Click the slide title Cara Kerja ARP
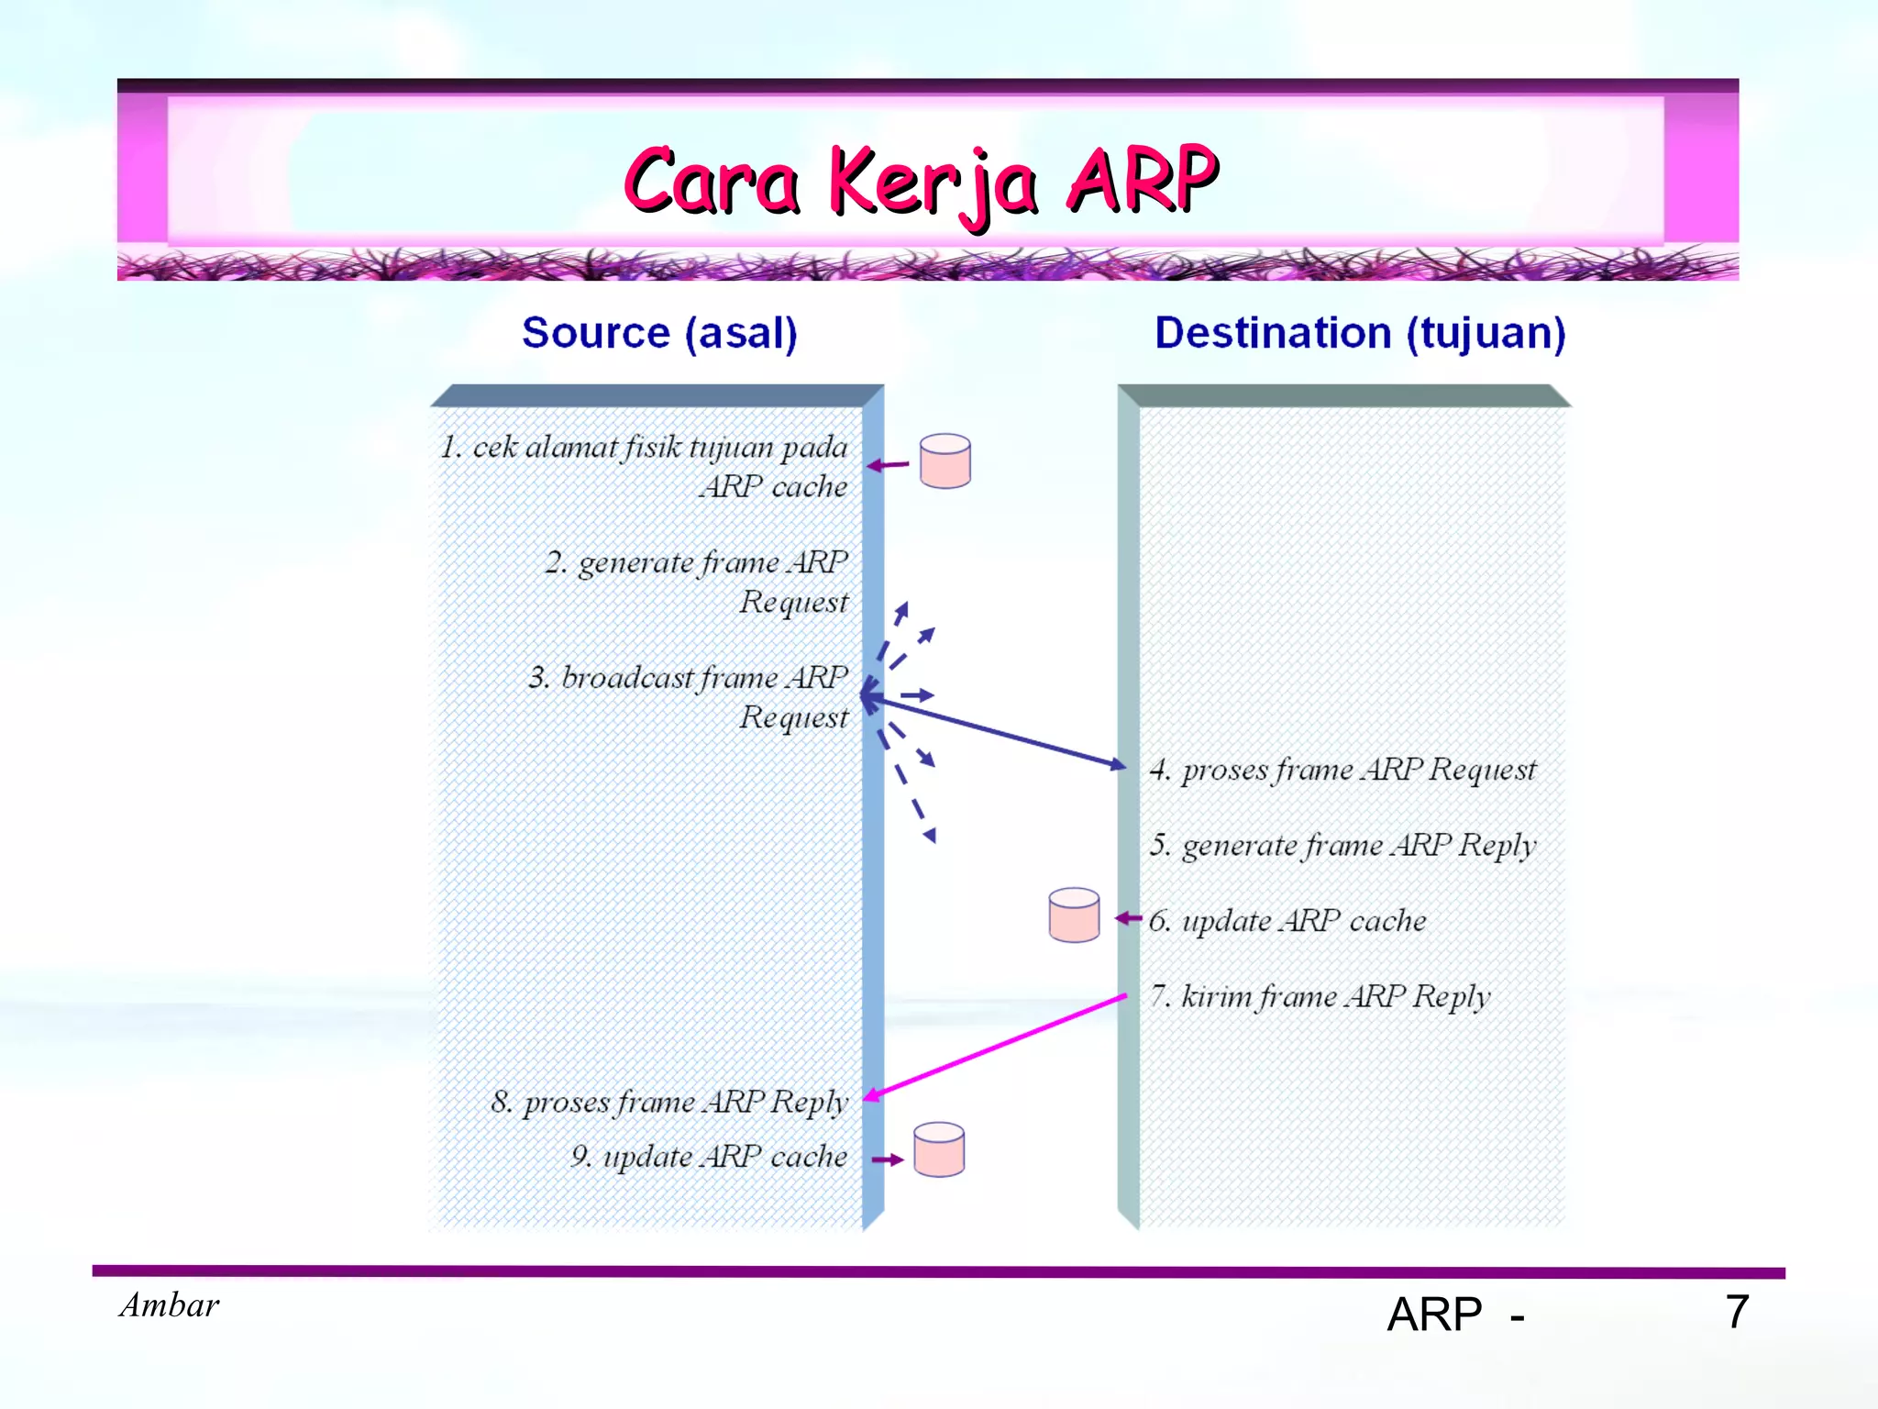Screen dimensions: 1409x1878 [921, 181]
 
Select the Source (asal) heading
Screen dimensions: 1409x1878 [659, 333]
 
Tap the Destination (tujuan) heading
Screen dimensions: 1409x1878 [1360, 333]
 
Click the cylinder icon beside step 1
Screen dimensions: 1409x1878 [945, 461]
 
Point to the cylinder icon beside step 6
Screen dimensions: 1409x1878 [1074, 915]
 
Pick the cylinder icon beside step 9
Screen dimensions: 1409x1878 [939, 1149]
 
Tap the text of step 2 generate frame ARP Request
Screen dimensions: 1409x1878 [697, 581]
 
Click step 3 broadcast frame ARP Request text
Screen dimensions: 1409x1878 [689, 696]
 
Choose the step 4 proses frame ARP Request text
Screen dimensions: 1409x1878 [1342, 770]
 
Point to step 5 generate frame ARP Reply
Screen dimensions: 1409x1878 [1342, 845]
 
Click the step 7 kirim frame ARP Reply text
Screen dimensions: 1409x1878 [1320, 996]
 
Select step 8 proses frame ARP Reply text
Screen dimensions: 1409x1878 [669, 1102]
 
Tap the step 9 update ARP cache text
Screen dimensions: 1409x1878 [709, 1157]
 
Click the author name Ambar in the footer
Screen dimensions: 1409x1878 [170, 1305]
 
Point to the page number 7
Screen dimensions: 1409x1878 [1737, 1312]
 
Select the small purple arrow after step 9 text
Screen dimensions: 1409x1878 [887, 1160]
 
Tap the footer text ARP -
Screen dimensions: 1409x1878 [1455, 1315]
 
